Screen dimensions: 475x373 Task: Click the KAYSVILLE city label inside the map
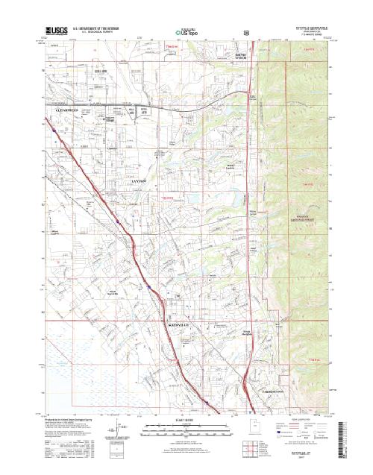point(178,306)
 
